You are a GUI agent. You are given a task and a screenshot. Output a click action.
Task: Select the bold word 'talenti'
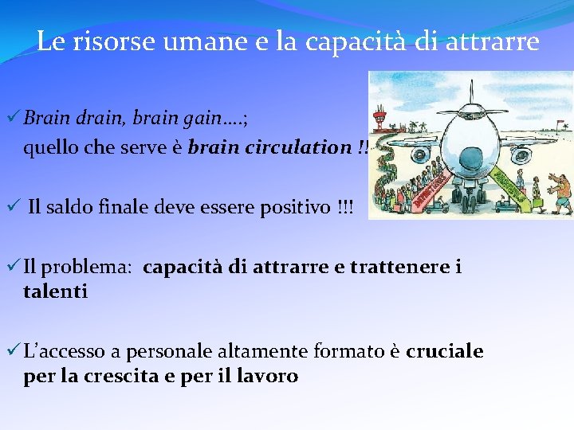click(x=56, y=291)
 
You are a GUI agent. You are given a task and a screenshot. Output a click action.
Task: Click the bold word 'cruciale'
click(x=444, y=352)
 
